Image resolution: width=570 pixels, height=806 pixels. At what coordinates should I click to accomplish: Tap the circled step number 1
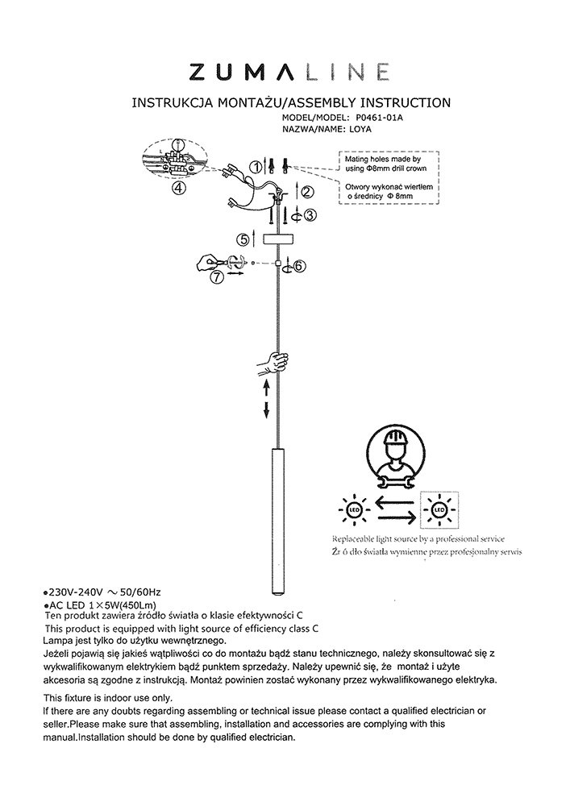tap(256, 167)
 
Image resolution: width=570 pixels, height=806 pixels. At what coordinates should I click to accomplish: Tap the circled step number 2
tap(306, 192)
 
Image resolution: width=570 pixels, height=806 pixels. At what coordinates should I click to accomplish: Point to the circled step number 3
tap(310, 214)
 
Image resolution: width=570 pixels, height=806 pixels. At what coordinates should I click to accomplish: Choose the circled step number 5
tap(243, 239)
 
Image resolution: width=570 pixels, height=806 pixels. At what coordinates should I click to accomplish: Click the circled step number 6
tap(299, 266)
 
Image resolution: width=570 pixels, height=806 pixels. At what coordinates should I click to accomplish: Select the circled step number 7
tap(215, 276)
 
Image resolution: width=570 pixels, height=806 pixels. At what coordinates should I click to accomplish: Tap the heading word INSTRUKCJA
tap(173, 103)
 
